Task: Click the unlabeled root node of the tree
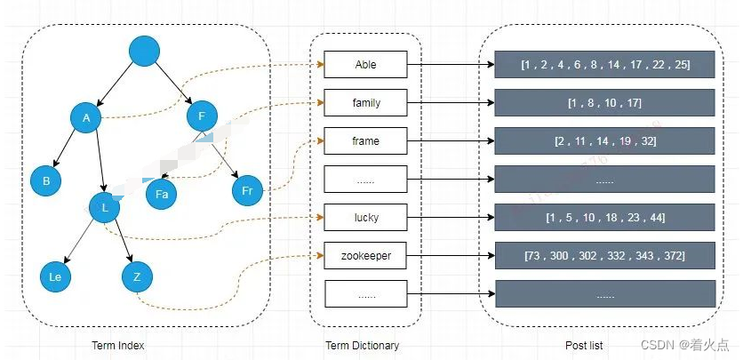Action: [144, 51]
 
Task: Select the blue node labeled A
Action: [86, 117]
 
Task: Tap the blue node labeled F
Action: [202, 116]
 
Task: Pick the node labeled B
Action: [46, 180]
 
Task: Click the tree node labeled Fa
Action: [161, 194]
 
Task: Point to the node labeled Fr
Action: [247, 190]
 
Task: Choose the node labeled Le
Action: [55, 276]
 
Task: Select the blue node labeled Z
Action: [137, 277]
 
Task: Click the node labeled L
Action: [105, 207]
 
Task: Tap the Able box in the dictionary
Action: [365, 64]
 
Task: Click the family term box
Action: [365, 102]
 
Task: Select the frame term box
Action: [365, 140]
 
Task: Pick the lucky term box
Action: [365, 218]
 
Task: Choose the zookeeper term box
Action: [365, 256]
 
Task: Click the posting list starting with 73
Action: [604, 256]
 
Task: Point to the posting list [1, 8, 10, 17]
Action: [604, 102]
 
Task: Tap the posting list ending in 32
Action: [604, 140]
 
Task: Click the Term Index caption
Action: [118, 345]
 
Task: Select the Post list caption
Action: [584, 346]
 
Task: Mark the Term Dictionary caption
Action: [363, 346]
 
